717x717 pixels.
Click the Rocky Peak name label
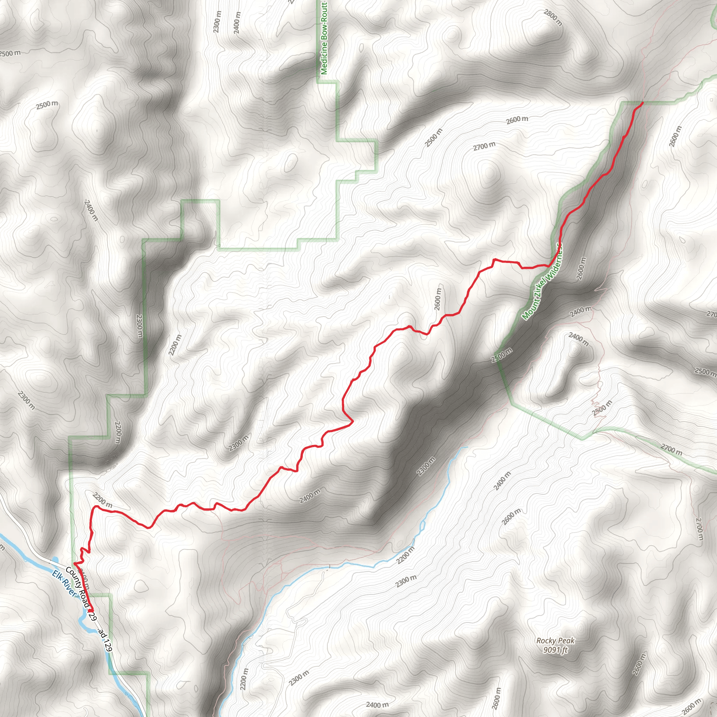tap(555, 641)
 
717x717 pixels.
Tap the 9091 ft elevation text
tap(555, 650)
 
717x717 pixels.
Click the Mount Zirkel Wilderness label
tap(542, 282)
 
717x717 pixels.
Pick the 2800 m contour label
tap(553, 18)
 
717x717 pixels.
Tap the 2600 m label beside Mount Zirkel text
tap(581, 268)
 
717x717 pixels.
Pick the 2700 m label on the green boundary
tap(671, 450)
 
